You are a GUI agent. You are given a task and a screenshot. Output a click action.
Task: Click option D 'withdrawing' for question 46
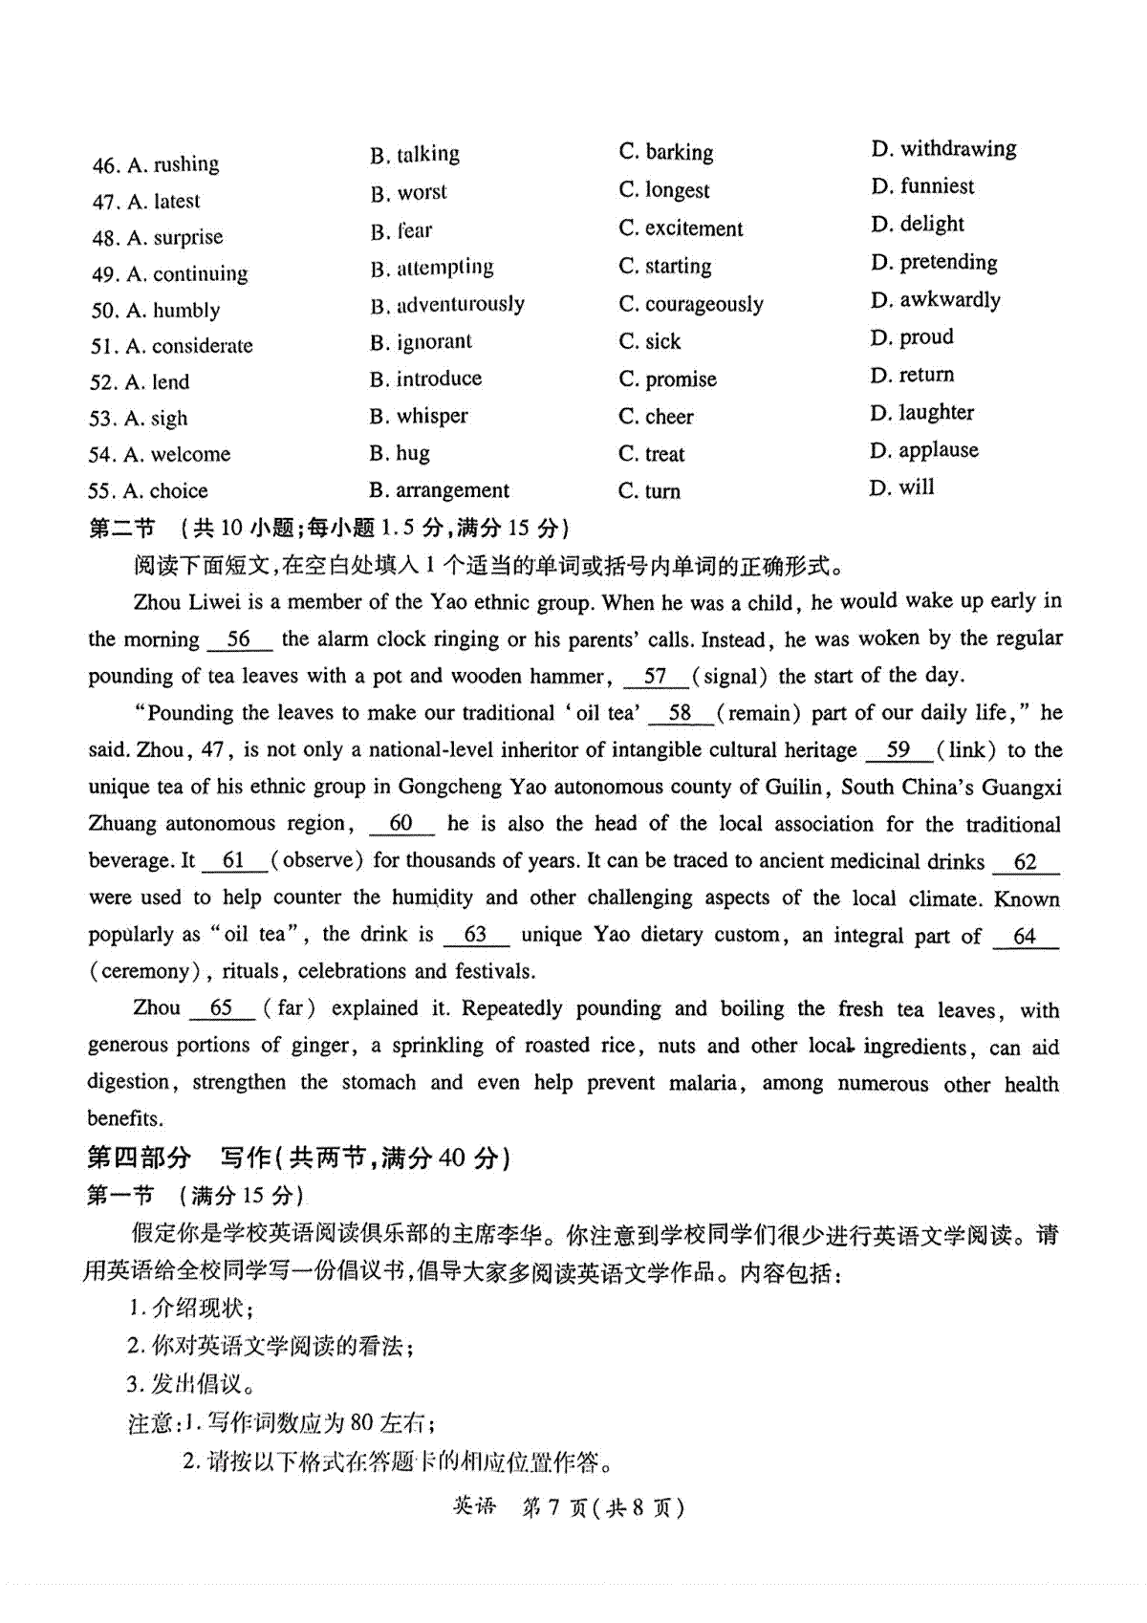(943, 149)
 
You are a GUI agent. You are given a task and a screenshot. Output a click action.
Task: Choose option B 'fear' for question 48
(401, 230)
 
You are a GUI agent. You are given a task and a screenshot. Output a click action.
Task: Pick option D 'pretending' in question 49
(934, 262)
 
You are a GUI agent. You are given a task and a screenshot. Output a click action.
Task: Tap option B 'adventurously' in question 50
(447, 305)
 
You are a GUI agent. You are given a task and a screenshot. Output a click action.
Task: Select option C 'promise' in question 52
(667, 379)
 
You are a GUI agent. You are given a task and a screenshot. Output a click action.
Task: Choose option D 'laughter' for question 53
(921, 413)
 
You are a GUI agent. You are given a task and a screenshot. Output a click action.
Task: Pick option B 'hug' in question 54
(400, 453)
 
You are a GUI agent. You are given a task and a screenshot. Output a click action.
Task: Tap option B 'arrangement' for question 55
(440, 491)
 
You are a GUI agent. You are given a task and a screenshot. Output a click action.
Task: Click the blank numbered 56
(239, 640)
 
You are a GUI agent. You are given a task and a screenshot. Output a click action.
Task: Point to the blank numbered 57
(656, 677)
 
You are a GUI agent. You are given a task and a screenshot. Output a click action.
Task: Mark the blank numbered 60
(401, 824)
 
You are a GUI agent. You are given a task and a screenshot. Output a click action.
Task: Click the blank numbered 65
(222, 1009)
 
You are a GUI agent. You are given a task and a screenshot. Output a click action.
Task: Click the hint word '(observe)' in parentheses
(317, 860)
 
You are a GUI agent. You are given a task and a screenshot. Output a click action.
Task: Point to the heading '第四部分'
(139, 1158)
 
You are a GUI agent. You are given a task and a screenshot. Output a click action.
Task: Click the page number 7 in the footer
(555, 1507)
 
